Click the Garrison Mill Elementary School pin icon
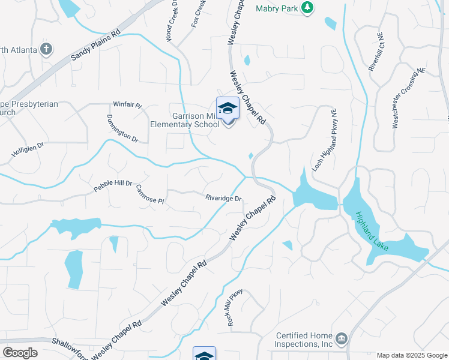[x=228, y=109]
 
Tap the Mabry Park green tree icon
[x=307, y=8]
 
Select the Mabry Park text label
[x=277, y=8]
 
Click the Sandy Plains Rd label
[x=95, y=46]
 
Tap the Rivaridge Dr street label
[x=223, y=199]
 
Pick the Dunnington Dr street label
[x=122, y=128]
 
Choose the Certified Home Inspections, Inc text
[x=304, y=340]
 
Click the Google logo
[x=20, y=353]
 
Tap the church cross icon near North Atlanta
[x=47, y=49]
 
